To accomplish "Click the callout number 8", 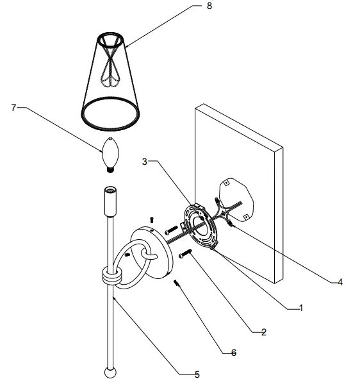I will [x=209, y=6].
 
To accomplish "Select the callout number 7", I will [x=13, y=108].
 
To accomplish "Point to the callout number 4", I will [x=340, y=281].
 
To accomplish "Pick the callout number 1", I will [x=299, y=308].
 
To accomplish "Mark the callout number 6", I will [x=233, y=352].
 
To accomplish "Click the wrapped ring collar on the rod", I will [x=111, y=277].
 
